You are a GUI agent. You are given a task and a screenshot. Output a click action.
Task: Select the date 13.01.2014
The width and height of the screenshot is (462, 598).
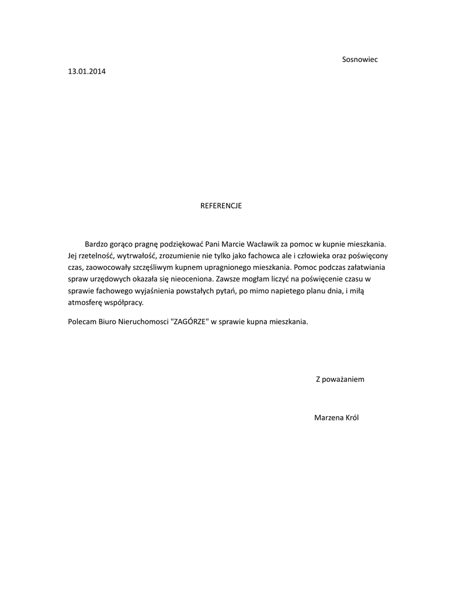point(88,72)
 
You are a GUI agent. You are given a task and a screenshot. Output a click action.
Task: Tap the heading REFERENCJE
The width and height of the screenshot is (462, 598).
point(221,206)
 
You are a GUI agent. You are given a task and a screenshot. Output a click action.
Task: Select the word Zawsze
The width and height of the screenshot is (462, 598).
point(228,280)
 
